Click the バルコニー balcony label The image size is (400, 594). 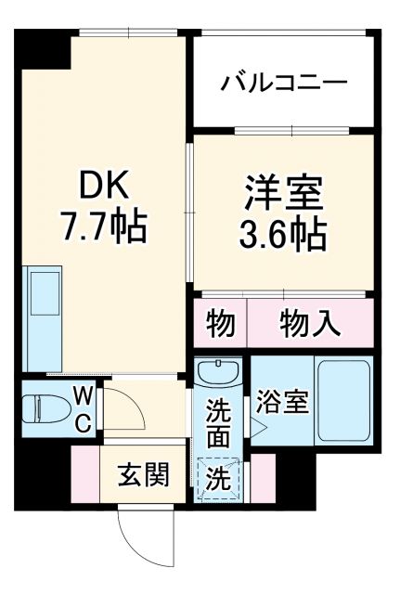click(x=284, y=82)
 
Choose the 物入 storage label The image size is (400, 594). click(x=310, y=324)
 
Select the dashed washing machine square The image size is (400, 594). click(x=219, y=480)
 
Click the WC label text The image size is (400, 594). click(x=82, y=408)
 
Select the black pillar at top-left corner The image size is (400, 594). click(x=46, y=49)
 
